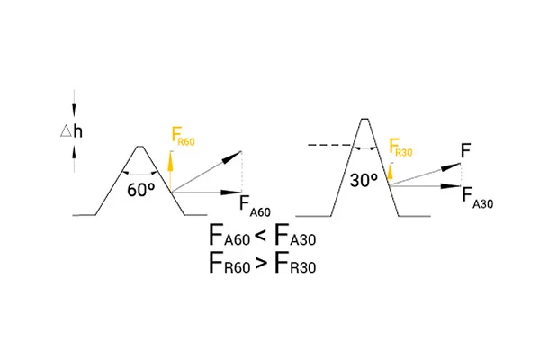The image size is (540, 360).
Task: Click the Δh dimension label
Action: coord(71,131)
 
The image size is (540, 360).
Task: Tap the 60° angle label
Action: coord(141,190)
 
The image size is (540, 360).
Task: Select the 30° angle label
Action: coord(364,180)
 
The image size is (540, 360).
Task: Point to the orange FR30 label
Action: coord(400,147)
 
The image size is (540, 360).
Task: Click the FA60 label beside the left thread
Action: coord(255,206)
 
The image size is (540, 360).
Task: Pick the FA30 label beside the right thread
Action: coord(477,198)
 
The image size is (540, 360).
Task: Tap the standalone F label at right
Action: coord(465,151)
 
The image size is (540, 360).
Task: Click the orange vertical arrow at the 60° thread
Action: coord(170,172)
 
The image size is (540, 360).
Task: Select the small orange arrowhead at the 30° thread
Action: coord(390,171)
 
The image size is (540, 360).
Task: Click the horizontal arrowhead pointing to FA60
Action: coord(231,193)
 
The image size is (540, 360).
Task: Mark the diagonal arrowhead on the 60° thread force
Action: coord(232,157)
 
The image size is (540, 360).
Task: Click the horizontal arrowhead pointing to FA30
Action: coord(451,186)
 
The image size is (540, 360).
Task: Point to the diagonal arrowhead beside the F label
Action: coord(451,166)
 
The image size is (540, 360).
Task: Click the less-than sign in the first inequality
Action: coord(261,236)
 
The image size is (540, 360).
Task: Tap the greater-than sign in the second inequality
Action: coord(261,264)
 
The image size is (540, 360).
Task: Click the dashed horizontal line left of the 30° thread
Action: coord(329,146)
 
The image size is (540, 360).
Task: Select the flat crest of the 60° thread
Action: coord(140,147)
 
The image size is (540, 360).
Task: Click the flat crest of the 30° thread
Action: coord(364,119)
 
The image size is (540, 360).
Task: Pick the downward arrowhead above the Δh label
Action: coord(74,110)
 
